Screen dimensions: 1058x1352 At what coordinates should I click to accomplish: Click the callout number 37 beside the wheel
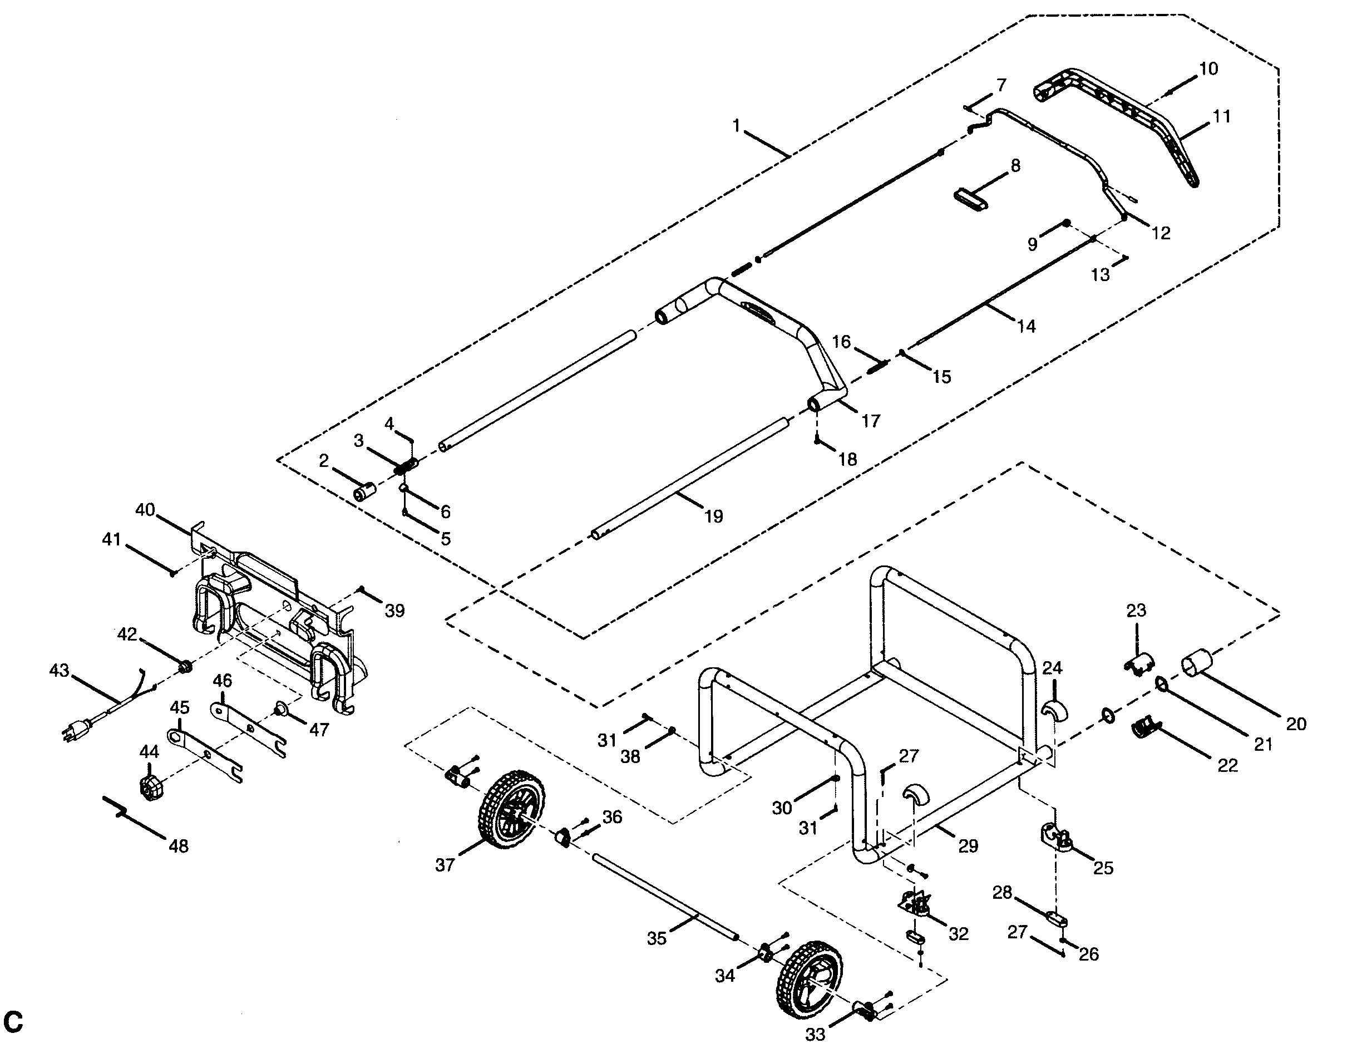(444, 865)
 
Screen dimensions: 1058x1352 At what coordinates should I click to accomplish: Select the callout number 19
(713, 516)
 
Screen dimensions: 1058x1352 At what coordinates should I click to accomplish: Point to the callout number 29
(968, 846)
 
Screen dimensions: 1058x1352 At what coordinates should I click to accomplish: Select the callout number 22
(1227, 765)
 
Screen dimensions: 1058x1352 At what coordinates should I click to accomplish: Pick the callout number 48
(179, 845)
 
